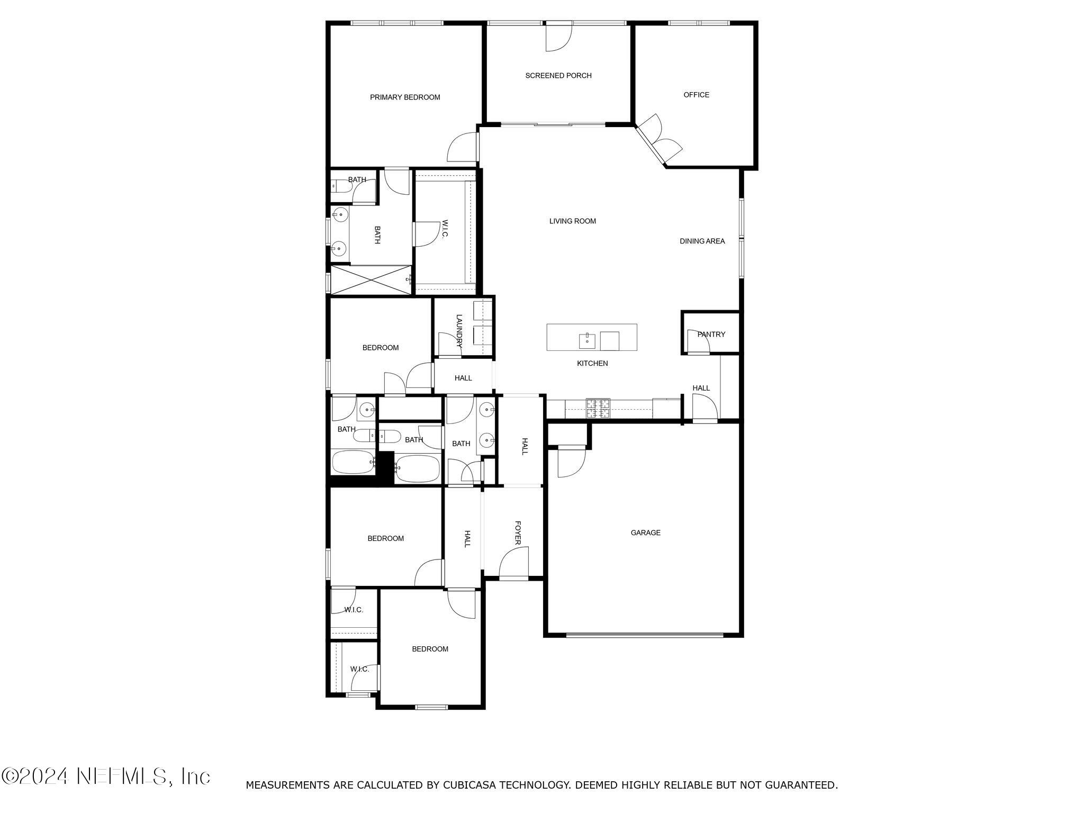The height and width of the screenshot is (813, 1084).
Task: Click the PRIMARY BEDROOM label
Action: (x=405, y=97)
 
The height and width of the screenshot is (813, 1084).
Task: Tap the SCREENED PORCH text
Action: (x=558, y=76)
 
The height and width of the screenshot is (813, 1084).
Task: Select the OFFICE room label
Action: (x=696, y=95)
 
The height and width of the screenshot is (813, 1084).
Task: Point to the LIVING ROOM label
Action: (x=572, y=221)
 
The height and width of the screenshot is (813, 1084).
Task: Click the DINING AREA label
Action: (x=702, y=241)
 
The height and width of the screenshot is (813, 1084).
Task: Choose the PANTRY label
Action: (x=711, y=335)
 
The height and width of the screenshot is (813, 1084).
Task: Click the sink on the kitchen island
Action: (x=587, y=340)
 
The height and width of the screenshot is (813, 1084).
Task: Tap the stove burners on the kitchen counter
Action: (x=598, y=409)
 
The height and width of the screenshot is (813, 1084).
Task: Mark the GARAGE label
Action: (x=645, y=533)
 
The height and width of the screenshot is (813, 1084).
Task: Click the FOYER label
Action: (x=518, y=532)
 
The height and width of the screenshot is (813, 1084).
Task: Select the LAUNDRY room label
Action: (x=459, y=331)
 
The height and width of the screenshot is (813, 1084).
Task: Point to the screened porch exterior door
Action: (x=558, y=37)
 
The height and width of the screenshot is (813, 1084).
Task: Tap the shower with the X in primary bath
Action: (x=371, y=281)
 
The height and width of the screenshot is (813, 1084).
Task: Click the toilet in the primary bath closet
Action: (x=341, y=186)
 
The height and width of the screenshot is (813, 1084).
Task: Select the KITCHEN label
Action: (x=592, y=364)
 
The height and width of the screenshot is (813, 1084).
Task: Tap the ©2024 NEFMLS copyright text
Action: (x=106, y=776)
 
